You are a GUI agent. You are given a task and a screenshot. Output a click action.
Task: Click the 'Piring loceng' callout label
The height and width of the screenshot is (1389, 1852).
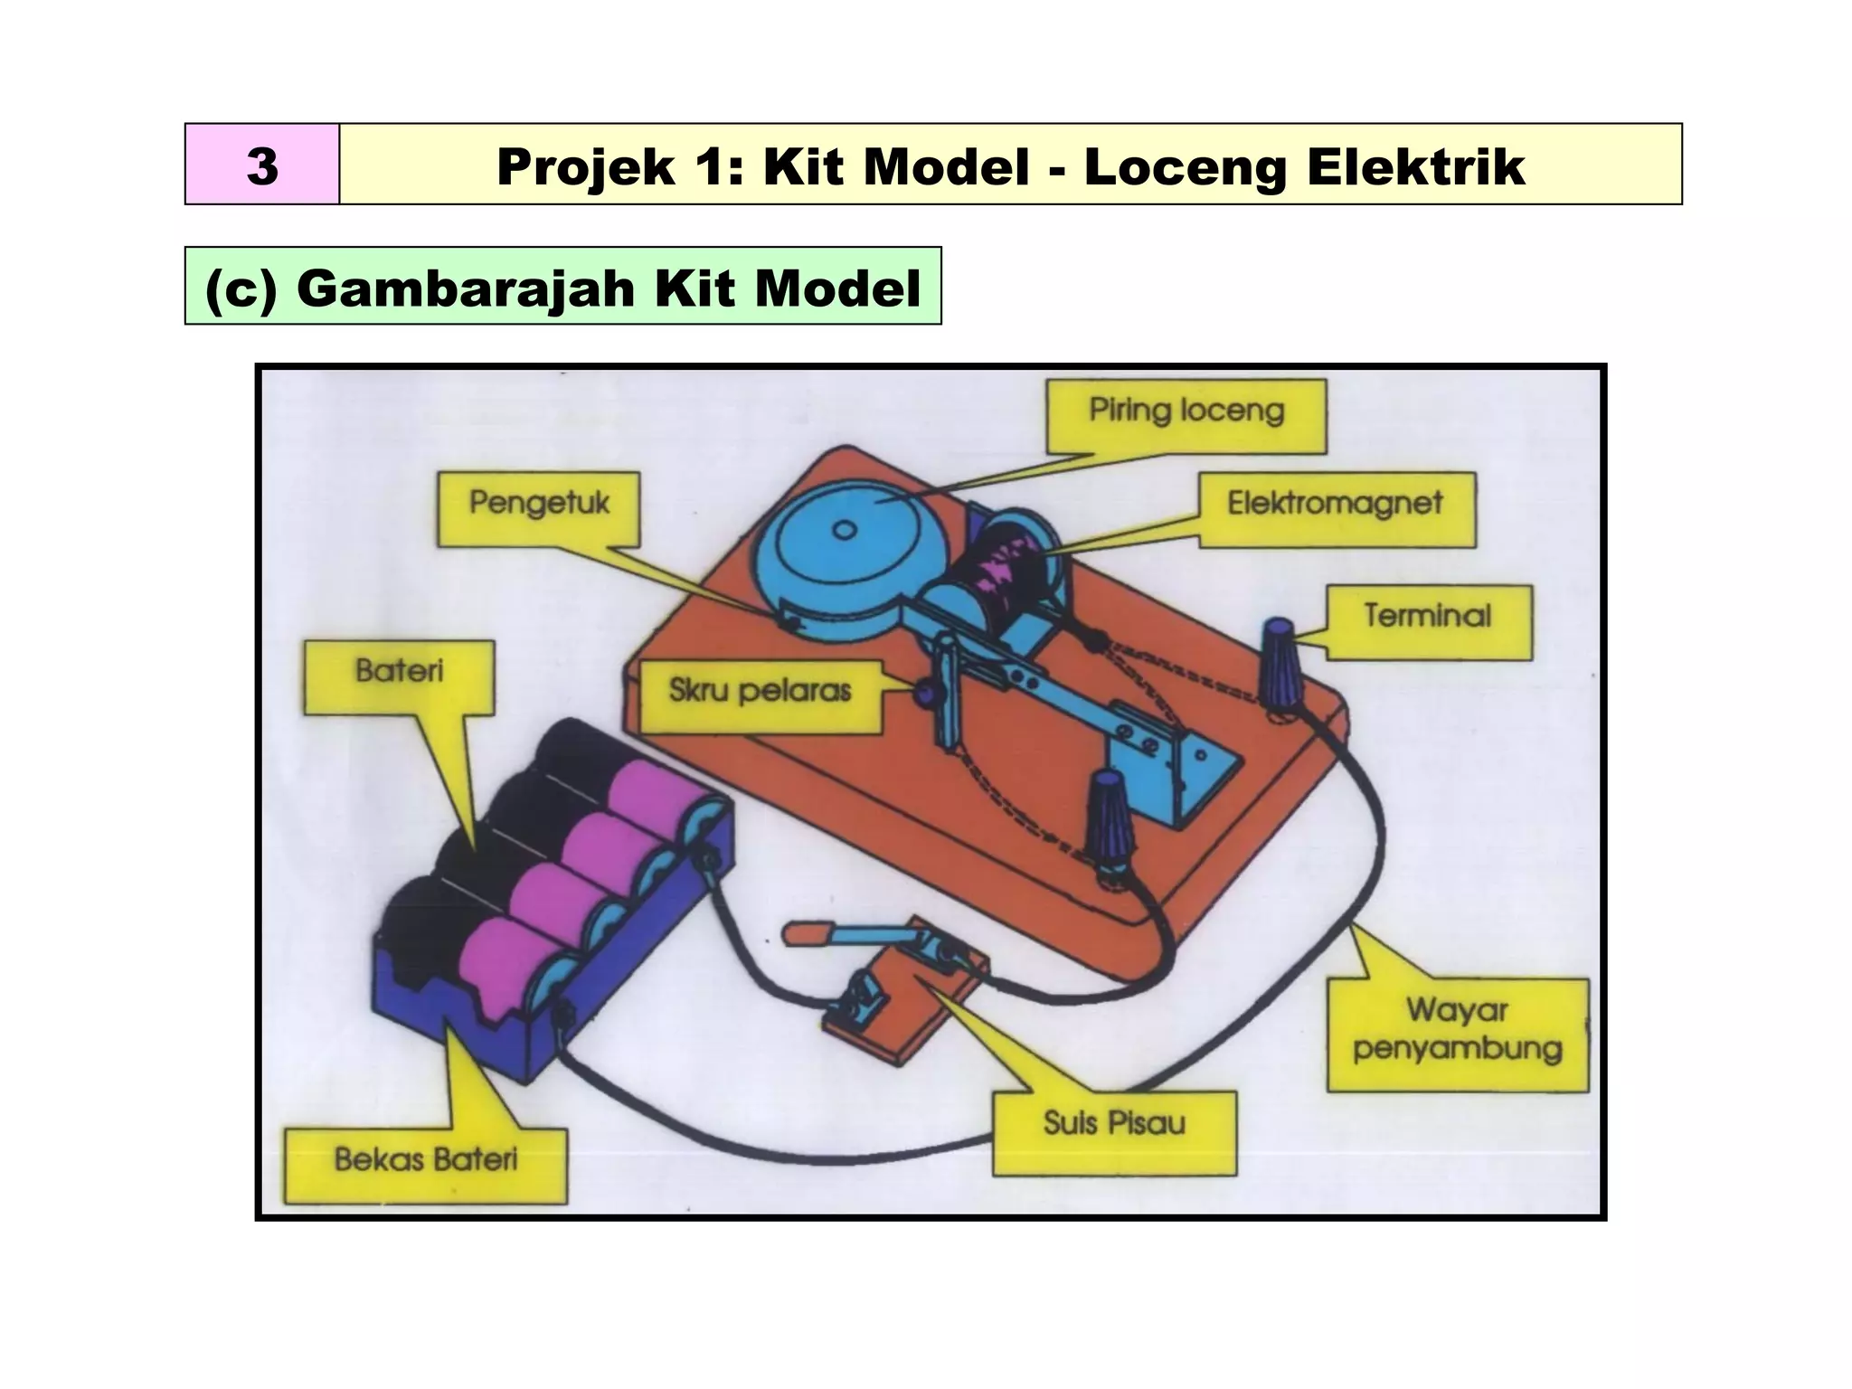pos(1186,411)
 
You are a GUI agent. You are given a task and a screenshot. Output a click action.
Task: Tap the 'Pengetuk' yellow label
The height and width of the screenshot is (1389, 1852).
pos(539,504)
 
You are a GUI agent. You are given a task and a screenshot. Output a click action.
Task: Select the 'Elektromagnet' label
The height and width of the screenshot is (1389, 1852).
pos(1335,504)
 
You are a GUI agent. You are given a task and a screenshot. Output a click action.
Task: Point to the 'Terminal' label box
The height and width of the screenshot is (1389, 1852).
pos(1427,617)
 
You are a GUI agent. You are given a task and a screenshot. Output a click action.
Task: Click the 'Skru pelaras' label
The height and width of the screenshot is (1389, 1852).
pos(760,692)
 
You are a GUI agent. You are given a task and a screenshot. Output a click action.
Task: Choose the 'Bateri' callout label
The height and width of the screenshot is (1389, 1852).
pos(399,672)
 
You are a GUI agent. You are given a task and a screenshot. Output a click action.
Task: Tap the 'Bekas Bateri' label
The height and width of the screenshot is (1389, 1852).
pos(425,1160)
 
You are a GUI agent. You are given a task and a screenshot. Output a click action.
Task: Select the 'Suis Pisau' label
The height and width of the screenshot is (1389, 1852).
pos(1113,1124)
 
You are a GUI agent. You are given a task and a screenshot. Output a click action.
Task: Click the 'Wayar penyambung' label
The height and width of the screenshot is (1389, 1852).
pos(1457,1030)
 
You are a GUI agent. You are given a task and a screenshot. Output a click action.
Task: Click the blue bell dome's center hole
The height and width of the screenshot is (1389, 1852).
pos(844,531)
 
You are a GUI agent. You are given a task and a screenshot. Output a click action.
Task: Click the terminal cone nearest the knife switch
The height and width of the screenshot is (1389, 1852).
pos(1109,814)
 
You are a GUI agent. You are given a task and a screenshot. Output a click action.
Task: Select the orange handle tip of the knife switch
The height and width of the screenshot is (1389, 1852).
pos(803,935)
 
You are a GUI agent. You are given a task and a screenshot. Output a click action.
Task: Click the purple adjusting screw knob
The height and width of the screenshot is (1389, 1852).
pos(927,694)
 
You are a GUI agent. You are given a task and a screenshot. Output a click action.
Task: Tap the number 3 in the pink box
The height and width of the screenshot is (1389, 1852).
pos(262,165)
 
